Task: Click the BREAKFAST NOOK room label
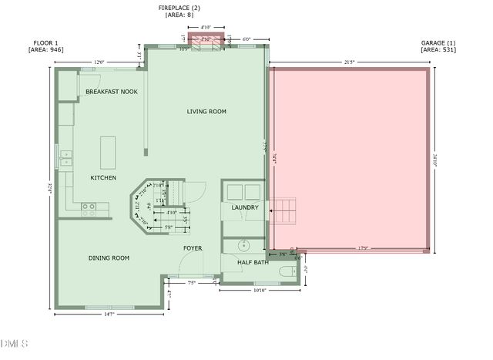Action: click(112, 92)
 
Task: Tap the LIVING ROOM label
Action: click(206, 112)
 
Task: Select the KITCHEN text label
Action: click(104, 178)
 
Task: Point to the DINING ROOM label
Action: click(109, 258)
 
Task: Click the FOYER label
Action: click(192, 248)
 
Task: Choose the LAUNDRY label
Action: click(245, 207)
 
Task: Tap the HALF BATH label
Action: click(252, 263)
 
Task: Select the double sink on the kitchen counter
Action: click(67, 158)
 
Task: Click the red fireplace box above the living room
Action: click(206, 42)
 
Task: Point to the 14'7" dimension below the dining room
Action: click(110, 314)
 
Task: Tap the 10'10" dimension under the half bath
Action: click(258, 291)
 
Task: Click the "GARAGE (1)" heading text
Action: click(439, 42)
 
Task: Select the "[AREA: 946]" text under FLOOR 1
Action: click(45, 49)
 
